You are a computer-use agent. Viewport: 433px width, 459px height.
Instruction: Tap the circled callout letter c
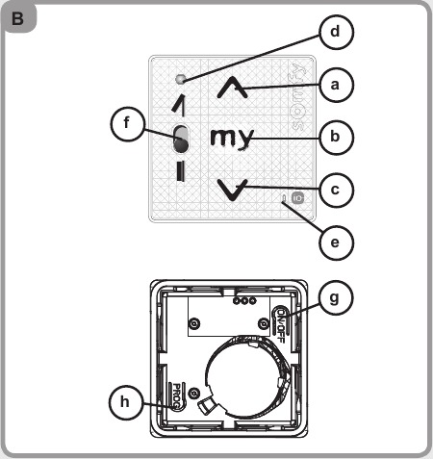(335, 190)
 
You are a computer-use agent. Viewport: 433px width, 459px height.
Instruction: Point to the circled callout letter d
(335, 33)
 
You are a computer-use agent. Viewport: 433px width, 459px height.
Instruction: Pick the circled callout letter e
(335, 242)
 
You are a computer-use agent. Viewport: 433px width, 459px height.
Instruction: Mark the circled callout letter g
(335, 298)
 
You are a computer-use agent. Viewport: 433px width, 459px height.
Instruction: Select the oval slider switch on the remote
(181, 140)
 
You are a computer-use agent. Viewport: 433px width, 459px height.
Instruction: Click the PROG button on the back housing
(176, 398)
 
